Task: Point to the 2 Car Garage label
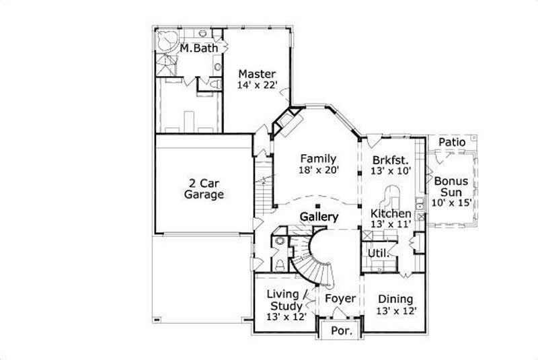click(x=204, y=188)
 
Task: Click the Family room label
click(x=318, y=159)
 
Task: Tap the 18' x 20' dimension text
click(x=318, y=171)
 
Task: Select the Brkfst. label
click(x=389, y=159)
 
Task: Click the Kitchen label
click(x=391, y=214)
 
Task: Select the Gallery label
click(x=319, y=217)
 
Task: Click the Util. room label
click(x=375, y=252)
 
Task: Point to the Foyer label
click(x=340, y=297)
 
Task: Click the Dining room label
click(x=395, y=299)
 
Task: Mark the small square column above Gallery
click(x=319, y=206)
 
